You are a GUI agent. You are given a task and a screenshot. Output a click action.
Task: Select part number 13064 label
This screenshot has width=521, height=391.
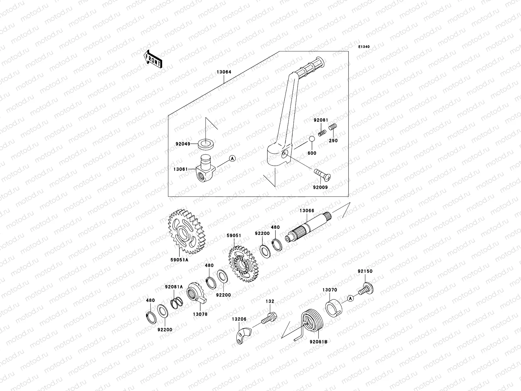223,72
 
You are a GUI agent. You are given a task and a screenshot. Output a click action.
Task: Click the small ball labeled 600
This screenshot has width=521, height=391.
312,139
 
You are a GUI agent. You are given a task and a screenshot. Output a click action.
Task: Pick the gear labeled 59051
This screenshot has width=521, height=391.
243,264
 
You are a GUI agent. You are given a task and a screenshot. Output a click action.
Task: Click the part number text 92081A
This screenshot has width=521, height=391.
174,287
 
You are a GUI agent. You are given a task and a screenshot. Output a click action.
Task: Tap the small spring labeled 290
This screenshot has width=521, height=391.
333,127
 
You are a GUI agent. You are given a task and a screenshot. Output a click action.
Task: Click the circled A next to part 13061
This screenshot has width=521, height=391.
232,159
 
